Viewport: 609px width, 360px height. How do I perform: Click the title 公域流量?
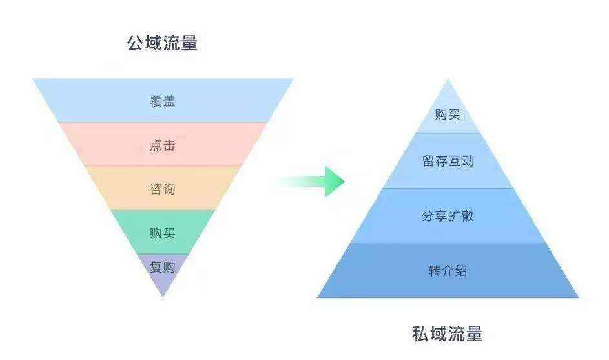tap(162, 43)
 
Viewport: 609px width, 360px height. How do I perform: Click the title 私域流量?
tap(447, 334)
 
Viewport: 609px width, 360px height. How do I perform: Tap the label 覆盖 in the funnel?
tap(163, 101)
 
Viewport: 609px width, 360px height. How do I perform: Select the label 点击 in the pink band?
tap(163, 145)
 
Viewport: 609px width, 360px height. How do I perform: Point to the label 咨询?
tap(163, 189)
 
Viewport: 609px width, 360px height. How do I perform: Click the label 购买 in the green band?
tap(163, 233)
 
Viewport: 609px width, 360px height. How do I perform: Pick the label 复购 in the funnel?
tap(163, 267)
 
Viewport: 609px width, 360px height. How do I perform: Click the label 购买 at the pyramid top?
tap(448, 114)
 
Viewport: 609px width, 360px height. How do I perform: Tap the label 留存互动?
tap(448, 161)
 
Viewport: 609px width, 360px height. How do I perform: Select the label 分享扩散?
tap(448, 216)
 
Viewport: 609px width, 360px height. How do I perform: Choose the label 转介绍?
tap(448, 271)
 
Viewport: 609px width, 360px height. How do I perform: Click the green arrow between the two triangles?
tap(311, 181)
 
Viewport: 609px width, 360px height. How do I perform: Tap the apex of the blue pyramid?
tap(448, 79)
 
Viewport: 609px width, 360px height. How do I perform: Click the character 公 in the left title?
tap(135, 43)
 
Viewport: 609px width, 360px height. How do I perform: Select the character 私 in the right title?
tap(420, 334)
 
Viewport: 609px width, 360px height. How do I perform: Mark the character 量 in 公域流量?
tap(189, 43)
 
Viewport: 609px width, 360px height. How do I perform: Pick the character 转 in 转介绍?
tap(434, 271)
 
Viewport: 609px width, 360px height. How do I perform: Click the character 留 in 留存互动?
tap(428, 161)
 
